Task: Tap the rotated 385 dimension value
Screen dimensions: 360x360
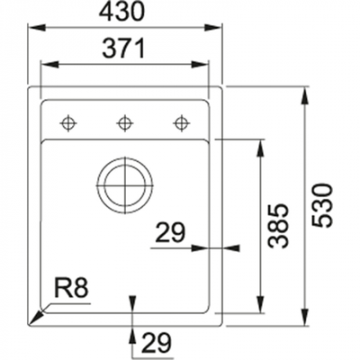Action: pos(278,226)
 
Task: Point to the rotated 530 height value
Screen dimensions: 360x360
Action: pos(325,205)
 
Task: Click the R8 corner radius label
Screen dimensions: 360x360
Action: pos(71,289)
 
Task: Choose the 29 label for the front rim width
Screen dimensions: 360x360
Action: pos(155,342)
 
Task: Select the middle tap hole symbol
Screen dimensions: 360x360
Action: pos(125,121)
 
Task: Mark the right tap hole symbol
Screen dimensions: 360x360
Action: pos(182,121)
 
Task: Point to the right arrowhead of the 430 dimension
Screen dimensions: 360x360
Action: pos(220,29)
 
